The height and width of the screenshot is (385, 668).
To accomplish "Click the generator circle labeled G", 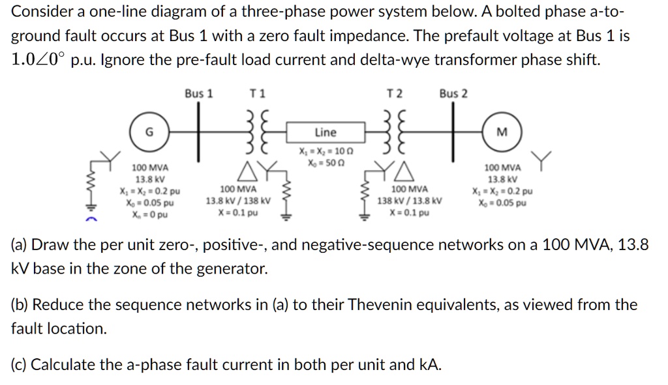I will [149, 132].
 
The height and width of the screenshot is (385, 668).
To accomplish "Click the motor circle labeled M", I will [501, 132].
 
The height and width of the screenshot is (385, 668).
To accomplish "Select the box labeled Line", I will [325, 132].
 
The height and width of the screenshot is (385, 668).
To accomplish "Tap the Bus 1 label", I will [198, 94].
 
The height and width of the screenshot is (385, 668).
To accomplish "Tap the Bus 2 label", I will [453, 94].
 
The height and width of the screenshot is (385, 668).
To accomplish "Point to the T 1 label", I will [258, 94].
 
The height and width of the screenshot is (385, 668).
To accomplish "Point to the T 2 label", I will [395, 94].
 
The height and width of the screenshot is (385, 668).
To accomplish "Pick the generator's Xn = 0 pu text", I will [150, 213].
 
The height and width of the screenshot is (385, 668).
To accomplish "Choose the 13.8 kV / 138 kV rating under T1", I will [237, 201].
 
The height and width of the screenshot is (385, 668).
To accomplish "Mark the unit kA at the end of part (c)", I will [431, 364].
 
